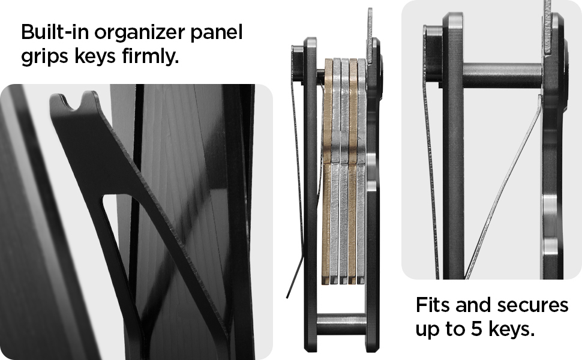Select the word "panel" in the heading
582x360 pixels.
coord(217,32)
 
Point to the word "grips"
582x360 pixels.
coord(44,57)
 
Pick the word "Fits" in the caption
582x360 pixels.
coord(433,305)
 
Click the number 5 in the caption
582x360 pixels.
coord(477,329)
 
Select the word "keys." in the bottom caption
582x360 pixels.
coord(511,328)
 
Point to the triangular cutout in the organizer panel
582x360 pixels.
coord(122,238)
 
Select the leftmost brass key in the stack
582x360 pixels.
coord(327,171)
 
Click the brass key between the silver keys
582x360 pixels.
coord(352,171)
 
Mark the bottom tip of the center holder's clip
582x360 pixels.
coord(287,297)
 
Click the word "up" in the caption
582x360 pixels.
coord(427,330)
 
